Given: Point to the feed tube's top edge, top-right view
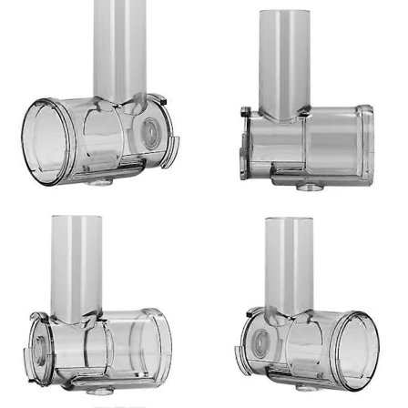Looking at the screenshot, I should click(x=284, y=13).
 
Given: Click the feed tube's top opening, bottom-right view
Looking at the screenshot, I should click(x=289, y=220).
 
